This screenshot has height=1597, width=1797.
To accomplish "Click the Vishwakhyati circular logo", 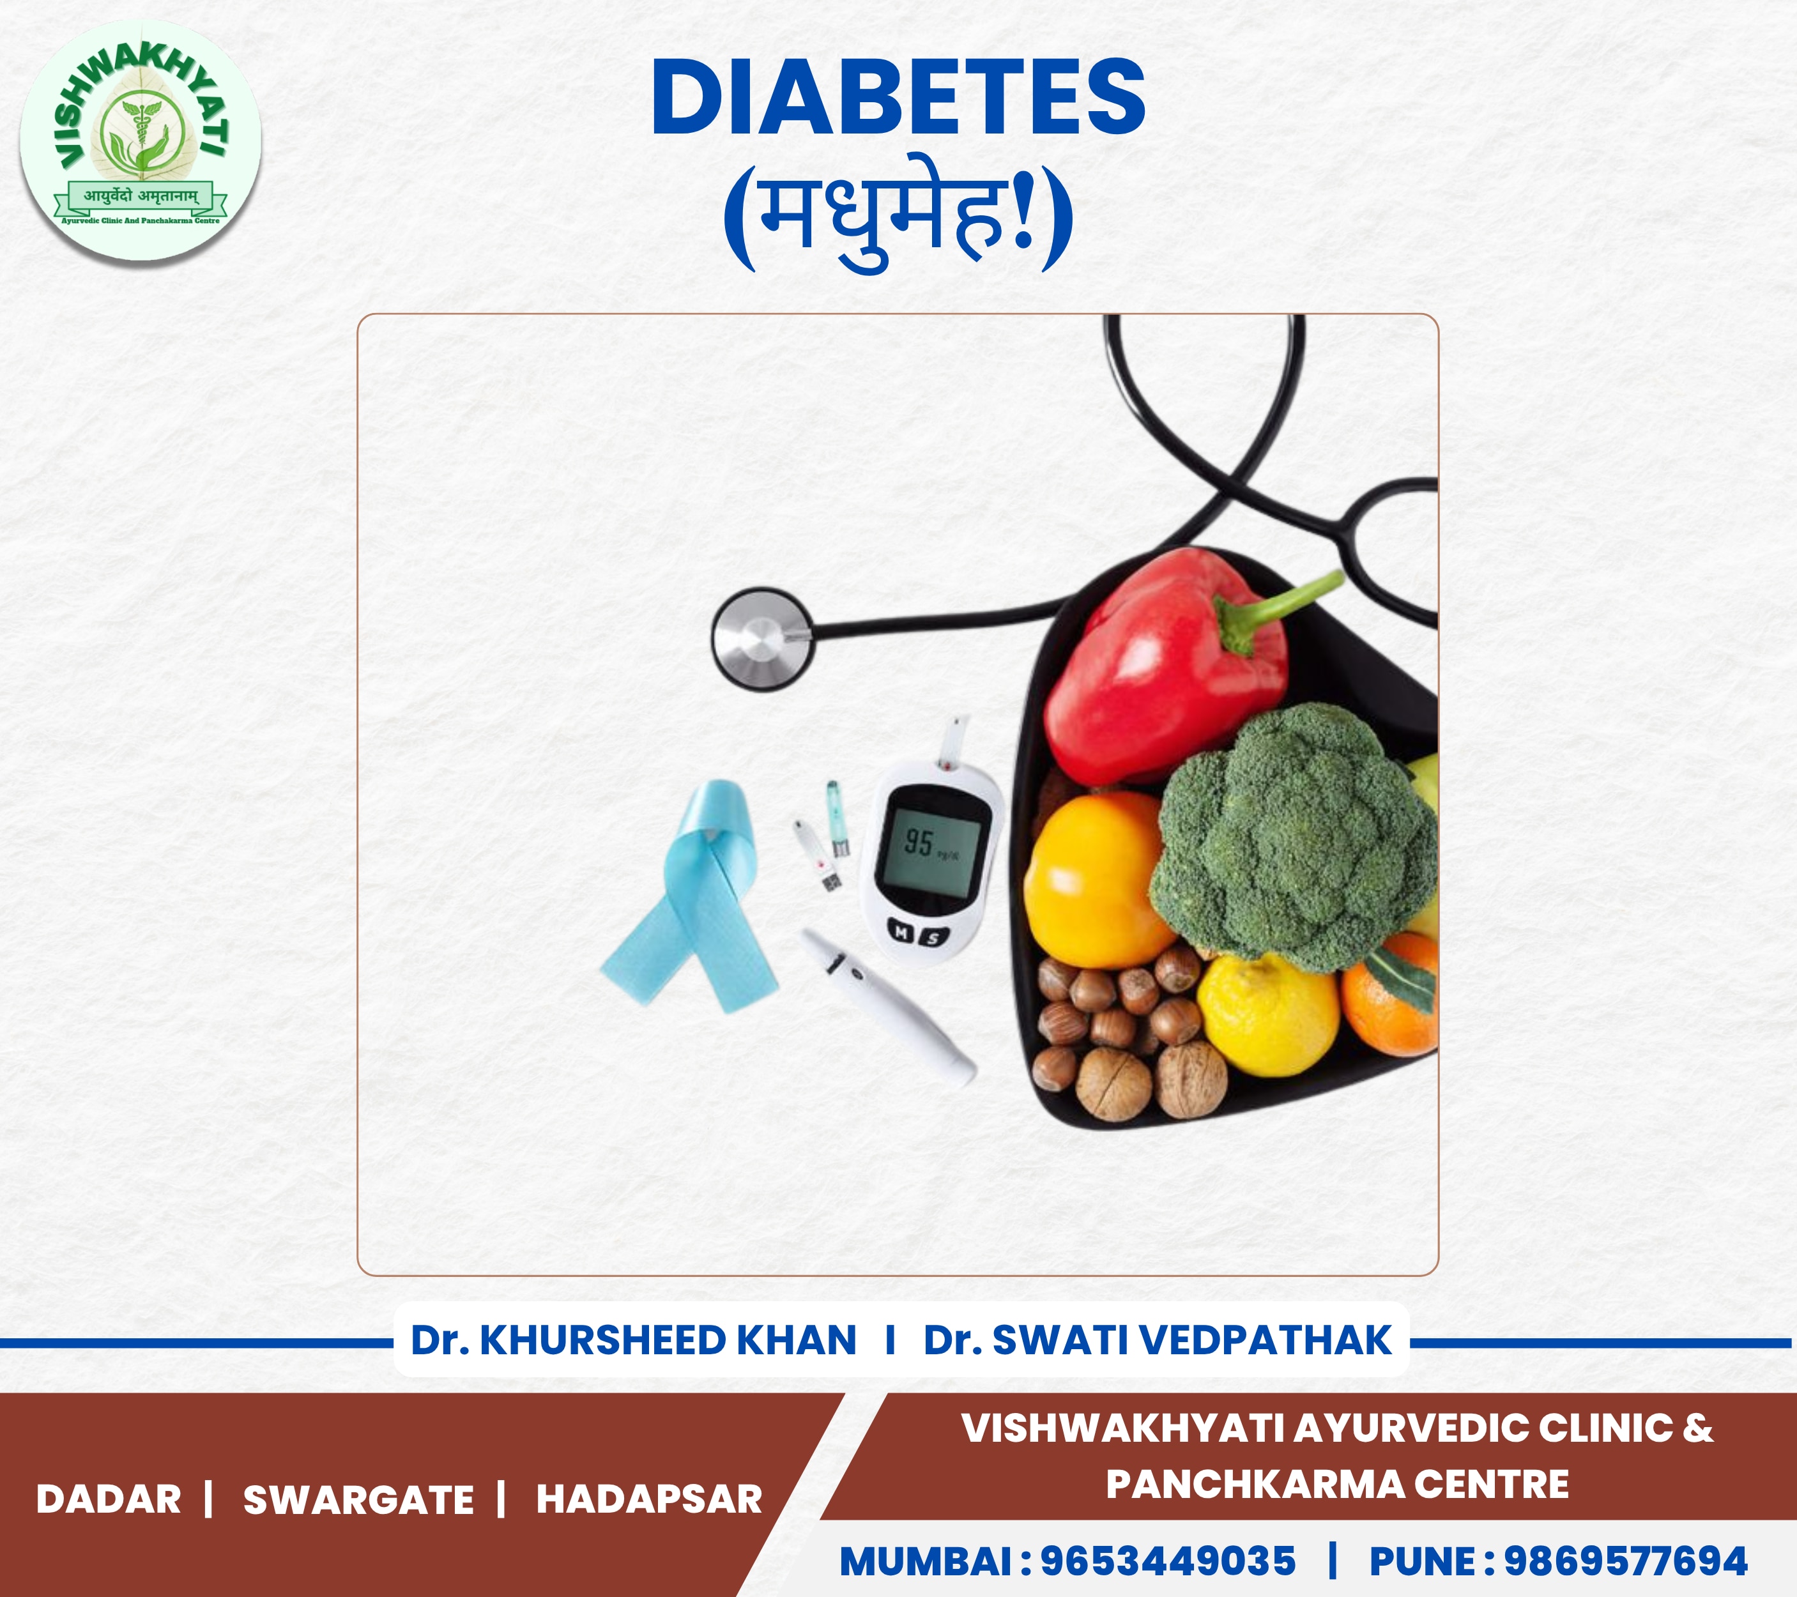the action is [141, 141].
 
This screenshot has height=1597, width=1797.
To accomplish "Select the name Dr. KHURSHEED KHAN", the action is [633, 1340].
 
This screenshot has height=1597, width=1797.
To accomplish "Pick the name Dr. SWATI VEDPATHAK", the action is [1158, 1340].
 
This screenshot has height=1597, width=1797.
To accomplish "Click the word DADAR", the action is [108, 1499].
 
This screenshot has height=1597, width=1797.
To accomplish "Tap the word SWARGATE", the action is [358, 1499].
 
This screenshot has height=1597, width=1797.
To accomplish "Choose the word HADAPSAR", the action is [649, 1499].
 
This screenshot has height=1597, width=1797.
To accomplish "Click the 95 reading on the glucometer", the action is [919, 842].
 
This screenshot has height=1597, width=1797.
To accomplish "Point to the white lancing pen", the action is [888, 1007].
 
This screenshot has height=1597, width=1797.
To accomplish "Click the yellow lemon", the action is [1268, 1014].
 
